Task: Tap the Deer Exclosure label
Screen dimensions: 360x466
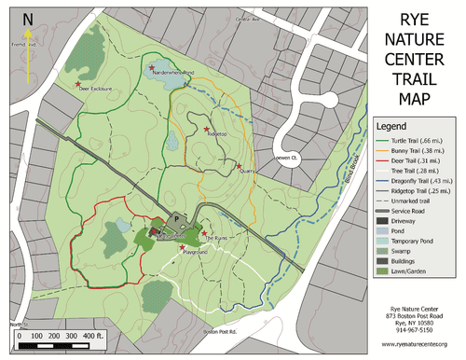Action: coord(95,90)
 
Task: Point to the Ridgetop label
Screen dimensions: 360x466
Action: coord(216,134)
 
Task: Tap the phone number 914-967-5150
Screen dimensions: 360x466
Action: coord(410,329)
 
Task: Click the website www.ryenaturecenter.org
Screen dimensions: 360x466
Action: coord(410,345)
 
